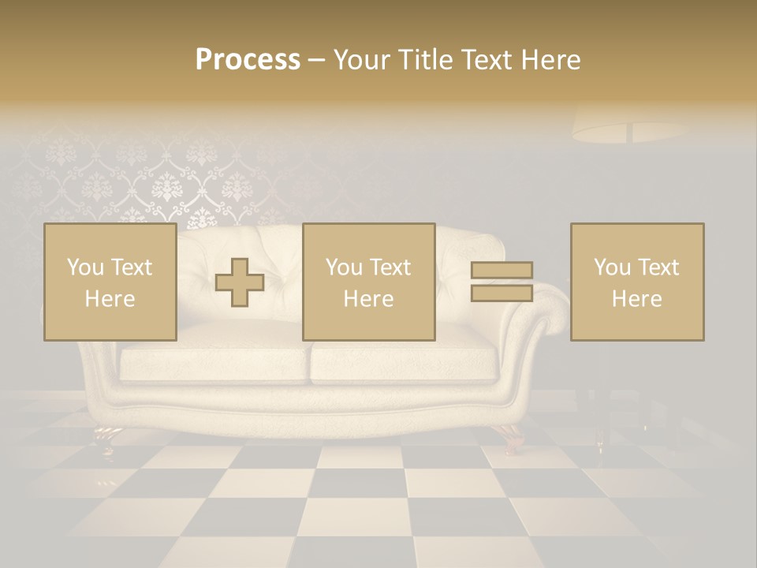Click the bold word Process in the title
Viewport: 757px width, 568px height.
[248, 60]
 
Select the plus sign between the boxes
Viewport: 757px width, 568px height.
[240, 282]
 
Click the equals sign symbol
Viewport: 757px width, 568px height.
[502, 282]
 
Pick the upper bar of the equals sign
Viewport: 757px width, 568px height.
[502, 271]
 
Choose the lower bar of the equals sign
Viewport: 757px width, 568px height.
[502, 293]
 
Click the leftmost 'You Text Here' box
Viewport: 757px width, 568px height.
[110, 282]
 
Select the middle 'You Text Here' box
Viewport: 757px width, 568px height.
[368, 282]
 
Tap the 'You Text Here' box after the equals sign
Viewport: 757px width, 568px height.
[636, 282]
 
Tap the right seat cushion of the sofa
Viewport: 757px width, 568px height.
[404, 364]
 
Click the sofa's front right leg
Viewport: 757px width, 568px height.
[511, 433]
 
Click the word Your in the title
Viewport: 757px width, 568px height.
[362, 60]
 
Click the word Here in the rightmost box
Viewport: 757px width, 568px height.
[636, 299]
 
